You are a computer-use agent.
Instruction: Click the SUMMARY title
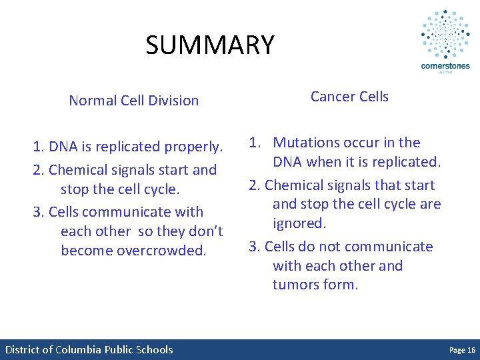[210, 45]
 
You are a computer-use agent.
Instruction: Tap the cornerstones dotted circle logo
[445, 35]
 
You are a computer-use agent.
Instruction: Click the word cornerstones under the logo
[445, 66]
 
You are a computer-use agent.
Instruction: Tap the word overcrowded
[167, 251]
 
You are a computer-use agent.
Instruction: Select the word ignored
[299, 223]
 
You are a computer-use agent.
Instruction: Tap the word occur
[361, 143]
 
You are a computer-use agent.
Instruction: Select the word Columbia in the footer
[79, 350]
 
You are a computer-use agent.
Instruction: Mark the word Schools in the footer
[155, 350]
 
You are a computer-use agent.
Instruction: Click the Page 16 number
[462, 350]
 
